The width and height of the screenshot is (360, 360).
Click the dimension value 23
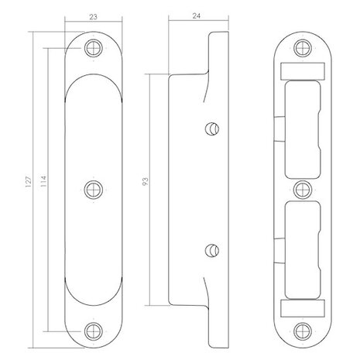93,17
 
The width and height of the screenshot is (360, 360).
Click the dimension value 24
197,16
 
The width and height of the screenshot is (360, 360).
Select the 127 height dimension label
29,182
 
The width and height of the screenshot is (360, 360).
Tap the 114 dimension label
43,181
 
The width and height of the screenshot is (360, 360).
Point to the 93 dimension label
146,182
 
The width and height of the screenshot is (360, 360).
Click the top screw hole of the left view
94,48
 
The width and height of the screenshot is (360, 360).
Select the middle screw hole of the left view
94,190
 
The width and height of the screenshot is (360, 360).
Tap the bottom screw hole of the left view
94,331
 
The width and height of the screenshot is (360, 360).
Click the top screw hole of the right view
303,48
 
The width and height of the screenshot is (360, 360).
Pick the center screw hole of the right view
303,190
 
